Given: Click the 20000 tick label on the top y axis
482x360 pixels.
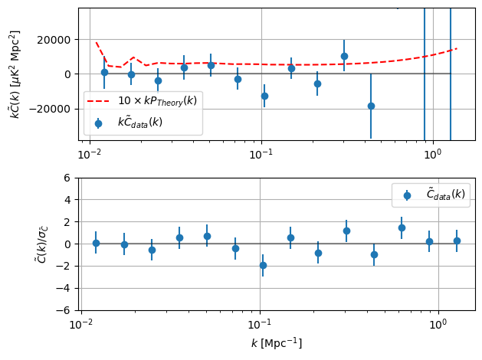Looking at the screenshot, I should [x=57, y=40].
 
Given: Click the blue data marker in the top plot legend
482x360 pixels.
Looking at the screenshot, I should [x=97, y=123].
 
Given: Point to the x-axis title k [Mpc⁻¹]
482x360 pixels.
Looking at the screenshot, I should [x=277, y=343].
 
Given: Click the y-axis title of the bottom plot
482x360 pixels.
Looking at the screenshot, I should [x=43, y=244].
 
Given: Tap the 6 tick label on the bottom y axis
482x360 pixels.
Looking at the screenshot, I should [x=67, y=178].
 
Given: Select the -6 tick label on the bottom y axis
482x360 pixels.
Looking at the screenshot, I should [x=64, y=311].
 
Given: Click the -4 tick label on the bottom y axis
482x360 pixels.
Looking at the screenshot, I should [x=64, y=289].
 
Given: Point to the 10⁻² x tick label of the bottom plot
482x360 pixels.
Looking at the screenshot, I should [x=81, y=325].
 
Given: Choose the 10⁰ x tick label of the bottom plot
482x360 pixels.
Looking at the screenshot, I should [x=438, y=325].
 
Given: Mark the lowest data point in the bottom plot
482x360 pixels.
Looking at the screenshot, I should [x=263, y=265].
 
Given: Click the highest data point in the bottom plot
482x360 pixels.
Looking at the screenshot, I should [x=402, y=227].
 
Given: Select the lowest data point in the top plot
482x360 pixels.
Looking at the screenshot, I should [x=371, y=106].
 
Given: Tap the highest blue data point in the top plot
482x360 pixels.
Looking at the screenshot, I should [x=344, y=56].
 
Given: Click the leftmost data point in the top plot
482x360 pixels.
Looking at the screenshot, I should [x=104, y=72].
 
